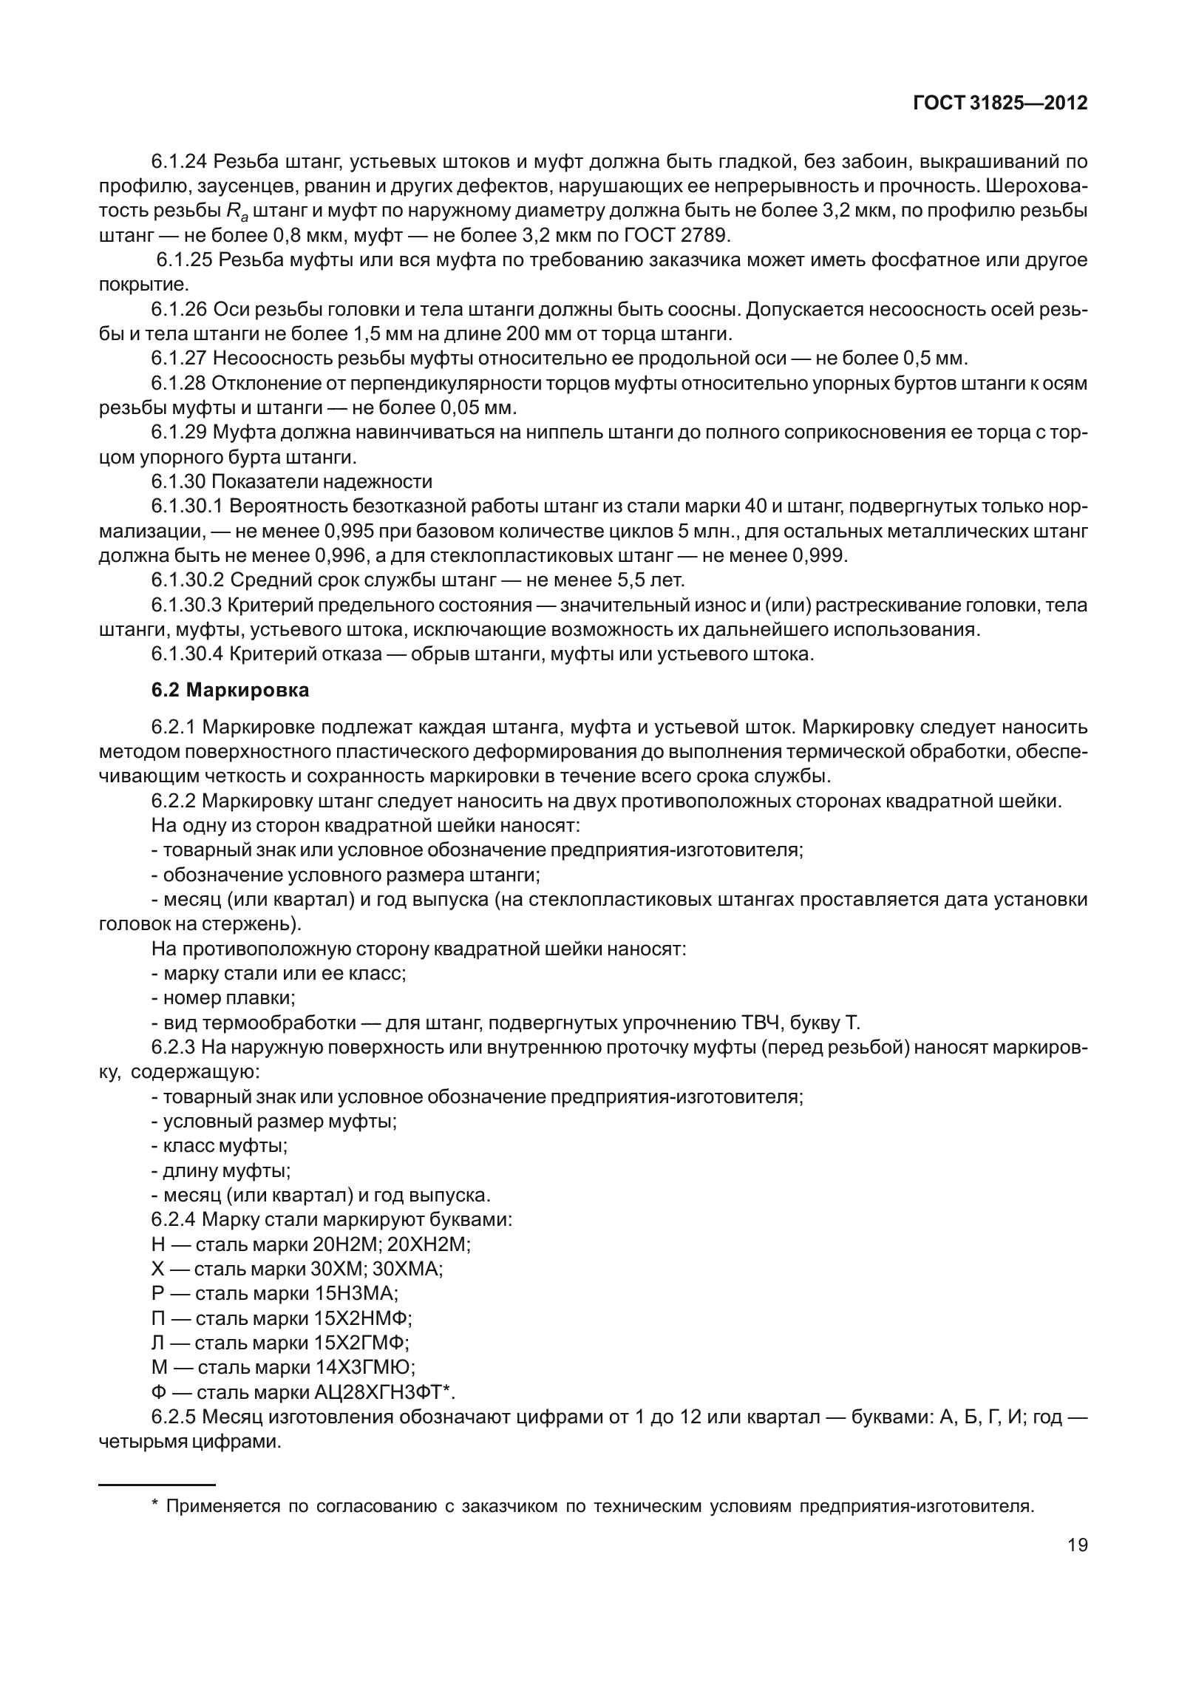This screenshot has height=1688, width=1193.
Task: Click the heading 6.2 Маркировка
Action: pos(230,690)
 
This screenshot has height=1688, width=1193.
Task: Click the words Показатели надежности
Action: pos(322,481)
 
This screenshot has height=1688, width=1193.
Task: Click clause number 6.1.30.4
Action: pos(187,654)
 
